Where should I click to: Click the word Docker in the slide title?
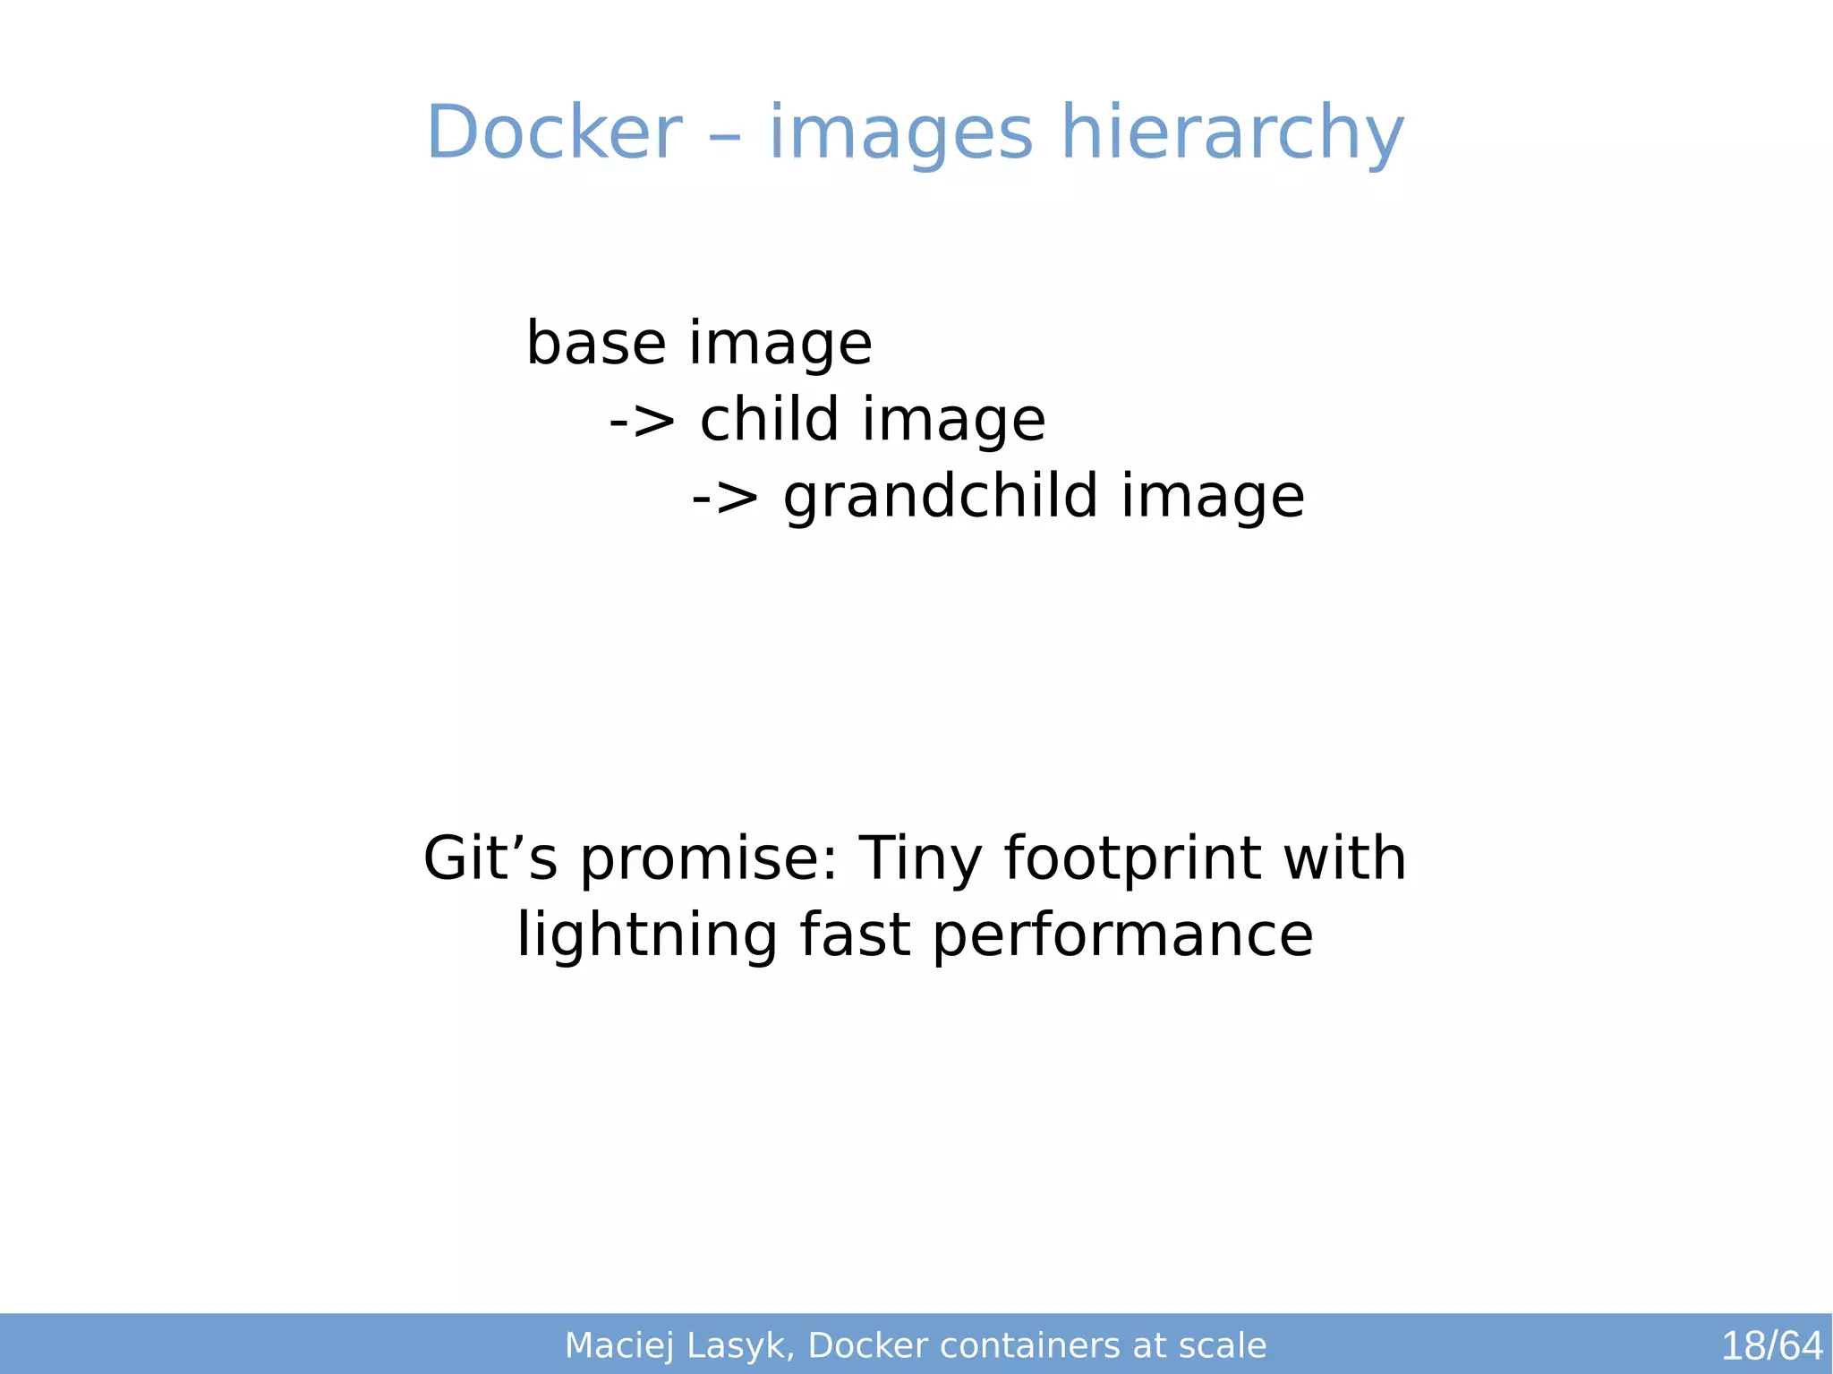pyautogui.click(x=554, y=132)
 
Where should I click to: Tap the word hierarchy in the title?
pyautogui.click(x=1232, y=132)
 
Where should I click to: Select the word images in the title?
pyautogui.click(x=900, y=132)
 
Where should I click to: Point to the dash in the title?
pyautogui.click(x=726, y=136)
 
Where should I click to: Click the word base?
pyautogui.click(x=596, y=343)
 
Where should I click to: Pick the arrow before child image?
pyautogui.click(x=642, y=421)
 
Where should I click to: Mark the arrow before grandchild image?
pyautogui.click(x=725, y=497)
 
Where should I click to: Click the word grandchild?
pyautogui.click(x=940, y=497)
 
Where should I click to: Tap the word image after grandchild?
pyautogui.click(x=1213, y=497)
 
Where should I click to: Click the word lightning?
pyautogui.click(x=646, y=935)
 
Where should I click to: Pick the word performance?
pyautogui.click(x=1122, y=935)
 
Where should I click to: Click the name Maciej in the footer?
pyautogui.click(x=619, y=1345)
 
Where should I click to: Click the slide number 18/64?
pyautogui.click(x=1771, y=1345)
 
